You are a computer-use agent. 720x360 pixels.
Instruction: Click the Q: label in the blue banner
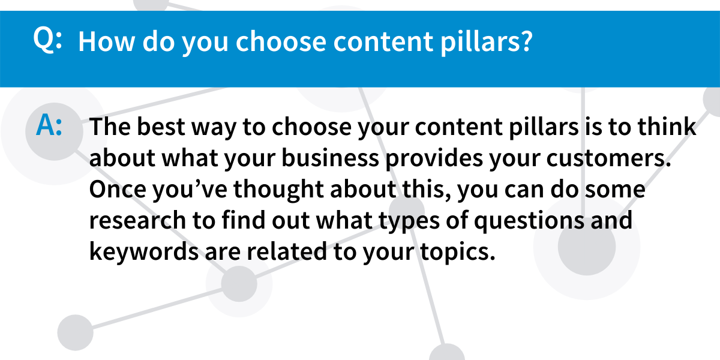pyautogui.click(x=47, y=40)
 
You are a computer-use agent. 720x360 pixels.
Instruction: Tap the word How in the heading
pyautogui.click(x=107, y=41)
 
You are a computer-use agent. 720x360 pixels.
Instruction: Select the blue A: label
pyautogui.click(x=49, y=125)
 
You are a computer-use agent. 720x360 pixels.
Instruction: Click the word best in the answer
pyautogui.click(x=161, y=127)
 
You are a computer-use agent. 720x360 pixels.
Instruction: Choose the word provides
pyautogui.click(x=434, y=159)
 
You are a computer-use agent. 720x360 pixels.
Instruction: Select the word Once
pyautogui.click(x=118, y=189)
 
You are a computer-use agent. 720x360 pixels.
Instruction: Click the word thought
pyautogui.click(x=278, y=190)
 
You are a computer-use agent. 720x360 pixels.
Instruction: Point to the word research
pyautogui.click(x=137, y=221)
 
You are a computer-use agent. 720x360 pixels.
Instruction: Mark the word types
pyautogui.click(x=409, y=221)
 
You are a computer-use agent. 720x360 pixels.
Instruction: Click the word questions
pyautogui.click(x=529, y=221)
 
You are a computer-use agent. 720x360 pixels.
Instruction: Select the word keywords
pyautogui.click(x=144, y=252)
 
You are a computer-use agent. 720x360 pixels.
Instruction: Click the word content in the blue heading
pyautogui.click(x=383, y=42)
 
